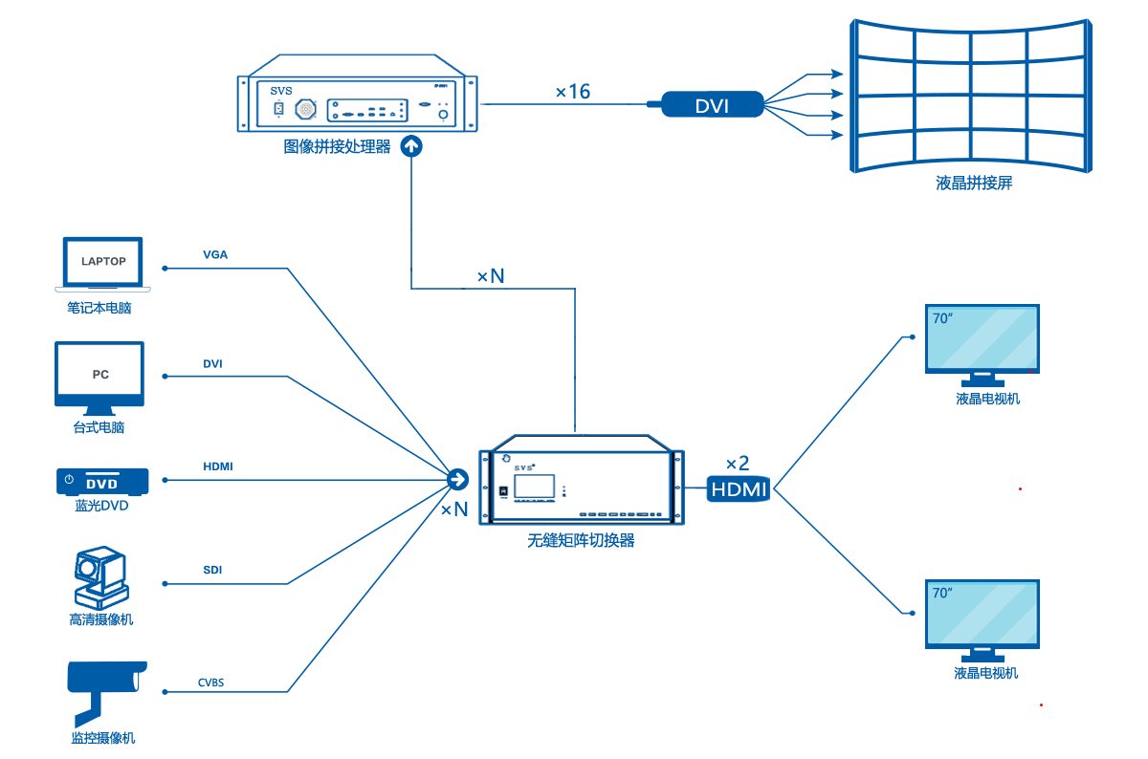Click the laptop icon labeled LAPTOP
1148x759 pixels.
click(x=102, y=263)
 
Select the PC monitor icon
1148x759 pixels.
click(x=100, y=375)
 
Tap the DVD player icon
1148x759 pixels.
click(x=102, y=482)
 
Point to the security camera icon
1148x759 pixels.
click(x=105, y=679)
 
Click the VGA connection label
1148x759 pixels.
click(x=215, y=255)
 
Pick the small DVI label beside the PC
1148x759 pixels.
click(x=212, y=364)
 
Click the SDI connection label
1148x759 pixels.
click(x=212, y=570)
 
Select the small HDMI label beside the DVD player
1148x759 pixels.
click(x=218, y=466)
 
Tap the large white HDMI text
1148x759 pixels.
click(x=739, y=490)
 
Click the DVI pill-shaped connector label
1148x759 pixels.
click(x=712, y=105)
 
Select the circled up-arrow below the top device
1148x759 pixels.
click(x=410, y=146)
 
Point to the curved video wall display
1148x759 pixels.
click(x=969, y=96)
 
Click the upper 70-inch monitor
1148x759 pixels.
click(x=982, y=338)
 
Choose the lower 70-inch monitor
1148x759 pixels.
click(x=982, y=614)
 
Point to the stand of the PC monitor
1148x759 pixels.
click(x=100, y=412)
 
